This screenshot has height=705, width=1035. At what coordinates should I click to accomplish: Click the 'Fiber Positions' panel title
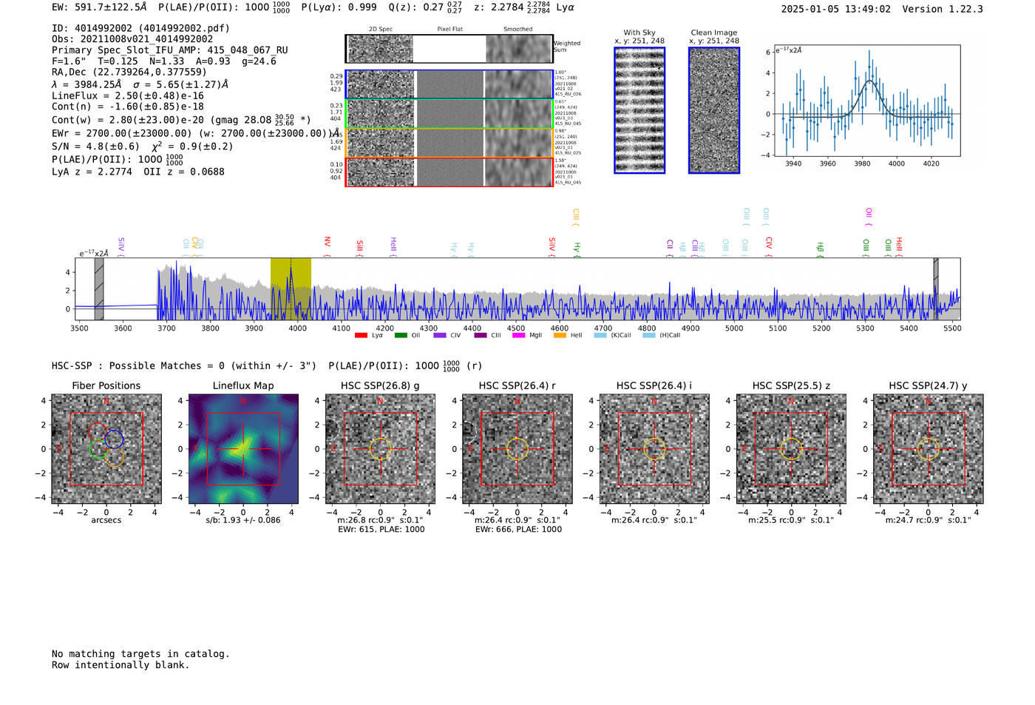click(106, 385)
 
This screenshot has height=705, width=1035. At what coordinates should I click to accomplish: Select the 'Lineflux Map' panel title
click(243, 385)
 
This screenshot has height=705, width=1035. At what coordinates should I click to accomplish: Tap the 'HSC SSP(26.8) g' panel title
click(380, 385)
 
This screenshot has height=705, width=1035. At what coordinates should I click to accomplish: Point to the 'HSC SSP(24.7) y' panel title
click(928, 385)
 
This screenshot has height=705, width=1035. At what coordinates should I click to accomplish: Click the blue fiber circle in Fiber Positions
click(114, 439)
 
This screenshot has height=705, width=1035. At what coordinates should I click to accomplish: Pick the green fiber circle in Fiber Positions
click(98, 448)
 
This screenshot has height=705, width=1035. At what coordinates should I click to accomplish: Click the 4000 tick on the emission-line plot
click(897, 163)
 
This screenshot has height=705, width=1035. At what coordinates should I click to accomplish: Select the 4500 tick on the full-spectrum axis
click(516, 328)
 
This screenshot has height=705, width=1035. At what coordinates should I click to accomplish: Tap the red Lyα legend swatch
click(361, 336)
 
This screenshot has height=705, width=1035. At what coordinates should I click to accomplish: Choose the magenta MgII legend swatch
click(518, 336)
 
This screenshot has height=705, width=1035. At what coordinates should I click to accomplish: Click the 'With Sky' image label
click(639, 33)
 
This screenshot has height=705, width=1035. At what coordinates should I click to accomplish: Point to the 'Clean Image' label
click(714, 33)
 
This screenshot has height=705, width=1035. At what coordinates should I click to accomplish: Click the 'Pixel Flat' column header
click(449, 30)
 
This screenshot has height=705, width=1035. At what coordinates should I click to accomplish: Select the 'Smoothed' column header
click(517, 30)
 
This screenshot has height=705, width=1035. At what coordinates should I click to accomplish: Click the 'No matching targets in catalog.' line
click(140, 654)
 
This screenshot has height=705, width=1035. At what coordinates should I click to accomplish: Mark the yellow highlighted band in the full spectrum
click(290, 289)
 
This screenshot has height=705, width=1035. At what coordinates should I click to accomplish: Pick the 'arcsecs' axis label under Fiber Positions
click(106, 520)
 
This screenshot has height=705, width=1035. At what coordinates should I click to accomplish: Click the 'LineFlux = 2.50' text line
click(127, 95)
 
